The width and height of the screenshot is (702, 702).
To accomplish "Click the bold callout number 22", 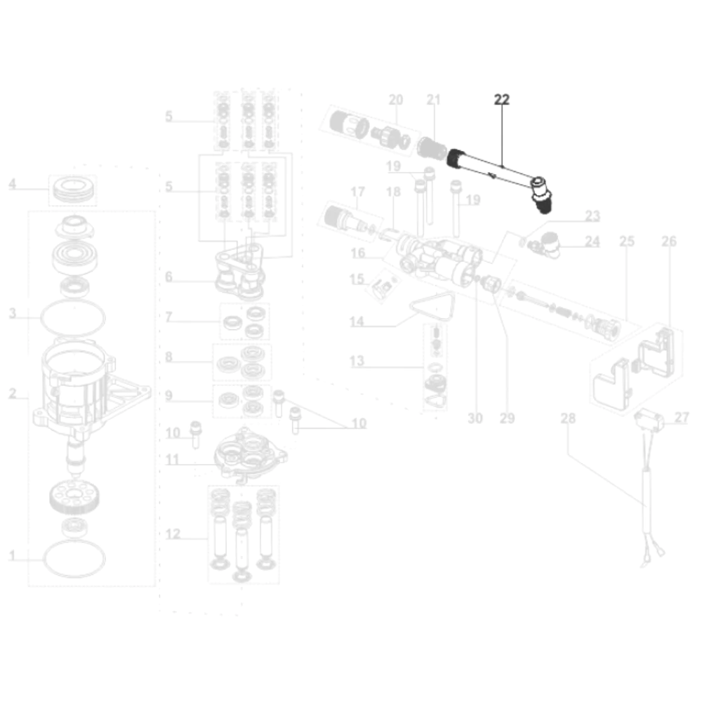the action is click(501, 100).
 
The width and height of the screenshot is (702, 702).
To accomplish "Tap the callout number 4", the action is click(13, 184).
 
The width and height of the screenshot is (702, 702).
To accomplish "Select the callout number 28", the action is click(568, 418).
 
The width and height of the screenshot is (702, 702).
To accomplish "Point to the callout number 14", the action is click(357, 322).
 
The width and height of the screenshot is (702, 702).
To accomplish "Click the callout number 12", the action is click(173, 534).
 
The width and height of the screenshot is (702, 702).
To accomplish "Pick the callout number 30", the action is click(475, 418).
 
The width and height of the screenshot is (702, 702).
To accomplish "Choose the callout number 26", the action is click(669, 241).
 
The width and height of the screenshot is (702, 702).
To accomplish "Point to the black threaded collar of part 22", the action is click(456, 159).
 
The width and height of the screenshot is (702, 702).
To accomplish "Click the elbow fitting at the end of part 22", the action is click(541, 194).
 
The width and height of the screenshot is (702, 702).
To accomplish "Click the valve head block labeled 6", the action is click(239, 273).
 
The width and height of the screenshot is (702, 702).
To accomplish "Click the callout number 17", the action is click(358, 192).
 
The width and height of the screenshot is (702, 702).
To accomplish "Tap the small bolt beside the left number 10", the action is click(196, 434).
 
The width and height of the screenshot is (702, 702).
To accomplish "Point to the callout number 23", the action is click(592, 216).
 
